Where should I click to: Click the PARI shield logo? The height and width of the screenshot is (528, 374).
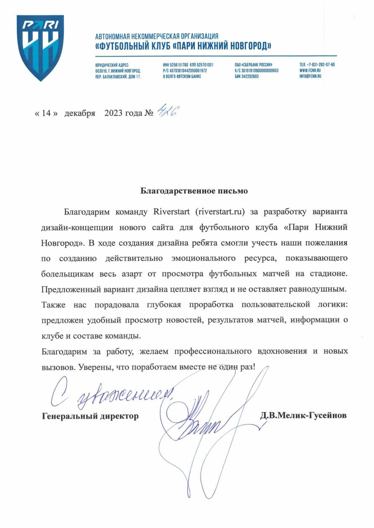point(40,47)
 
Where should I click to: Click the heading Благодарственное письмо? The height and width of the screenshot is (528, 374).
point(194,191)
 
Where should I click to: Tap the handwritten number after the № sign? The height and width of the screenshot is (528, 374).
point(165,112)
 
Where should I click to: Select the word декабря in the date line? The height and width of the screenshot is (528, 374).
point(80,113)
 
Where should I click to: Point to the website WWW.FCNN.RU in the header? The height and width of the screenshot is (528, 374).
point(310,71)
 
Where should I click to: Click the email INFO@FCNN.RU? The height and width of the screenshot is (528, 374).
point(310,77)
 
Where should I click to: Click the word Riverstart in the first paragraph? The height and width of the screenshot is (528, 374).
point(172,211)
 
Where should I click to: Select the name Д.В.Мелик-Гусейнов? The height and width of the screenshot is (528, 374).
point(303,416)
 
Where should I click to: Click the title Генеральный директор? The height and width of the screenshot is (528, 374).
point(91,416)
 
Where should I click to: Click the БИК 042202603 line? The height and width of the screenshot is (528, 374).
point(247,77)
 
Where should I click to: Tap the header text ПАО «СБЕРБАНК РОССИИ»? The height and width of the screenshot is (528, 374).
point(254,65)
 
